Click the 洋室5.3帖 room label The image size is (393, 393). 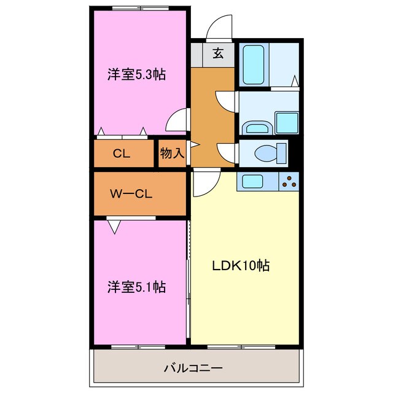coord(137,75)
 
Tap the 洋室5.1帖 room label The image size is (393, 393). coord(136,286)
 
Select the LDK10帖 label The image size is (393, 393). coord(241,266)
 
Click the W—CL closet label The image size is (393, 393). coord(131,194)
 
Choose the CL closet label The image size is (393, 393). coord(122,154)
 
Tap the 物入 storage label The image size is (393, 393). coord(172,154)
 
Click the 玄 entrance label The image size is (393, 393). coord(218,53)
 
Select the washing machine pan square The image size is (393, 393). coord(286,122)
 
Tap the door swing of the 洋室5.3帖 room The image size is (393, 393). coord(178,120)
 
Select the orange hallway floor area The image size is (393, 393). coord(212,117)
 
